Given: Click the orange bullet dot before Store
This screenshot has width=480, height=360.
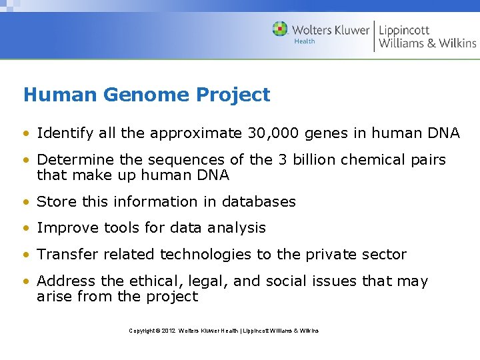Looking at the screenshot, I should pyautogui.click(x=27, y=202).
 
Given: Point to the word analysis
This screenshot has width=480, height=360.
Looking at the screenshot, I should pyautogui.click(x=236, y=228).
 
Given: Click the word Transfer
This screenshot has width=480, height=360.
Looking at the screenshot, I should pyautogui.click(x=67, y=255).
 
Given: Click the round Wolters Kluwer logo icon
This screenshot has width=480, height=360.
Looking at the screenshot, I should pyautogui.click(x=280, y=29).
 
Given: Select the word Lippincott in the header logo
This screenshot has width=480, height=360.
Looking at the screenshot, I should pyautogui.click(x=405, y=30).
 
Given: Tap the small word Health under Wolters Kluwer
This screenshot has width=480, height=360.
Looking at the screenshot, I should pyautogui.click(x=305, y=41).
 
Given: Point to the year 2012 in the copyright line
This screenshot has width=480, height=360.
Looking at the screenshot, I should pyautogui.click(x=168, y=331).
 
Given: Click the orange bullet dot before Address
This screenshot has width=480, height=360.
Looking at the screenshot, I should pyautogui.click(x=27, y=282).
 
